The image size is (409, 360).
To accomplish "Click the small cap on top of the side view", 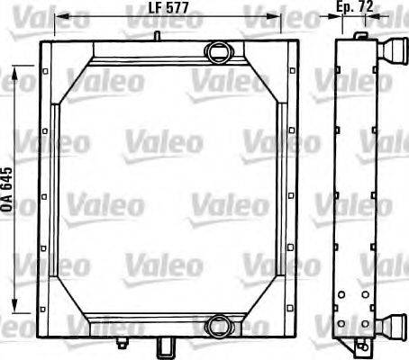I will [360, 36].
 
